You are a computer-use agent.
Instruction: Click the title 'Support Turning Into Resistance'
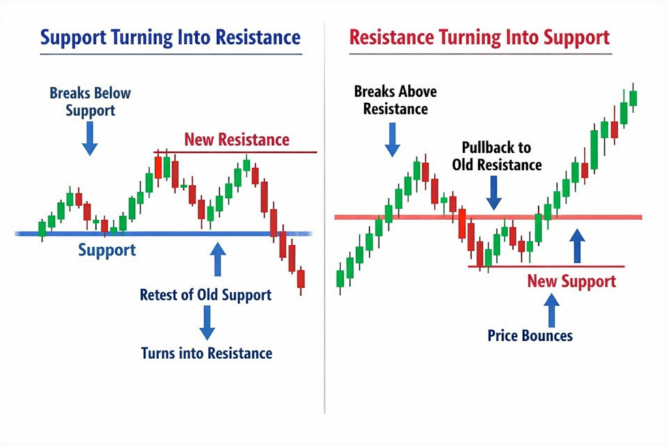tap(170, 37)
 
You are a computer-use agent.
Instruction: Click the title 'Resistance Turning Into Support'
tap(479, 37)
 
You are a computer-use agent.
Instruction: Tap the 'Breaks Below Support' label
tap(90, 101)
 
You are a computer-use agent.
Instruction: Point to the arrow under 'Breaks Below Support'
tap(90, 138)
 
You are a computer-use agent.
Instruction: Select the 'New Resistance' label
tap(237, 140)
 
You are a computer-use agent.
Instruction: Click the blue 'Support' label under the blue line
tap(107, 250)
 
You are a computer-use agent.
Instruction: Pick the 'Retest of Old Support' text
tap(205, 295)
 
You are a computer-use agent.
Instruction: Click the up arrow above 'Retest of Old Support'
tap(218, 259)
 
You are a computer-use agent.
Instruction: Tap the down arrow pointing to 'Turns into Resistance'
tap(207, 323)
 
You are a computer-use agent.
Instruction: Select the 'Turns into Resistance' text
tap(207, 353)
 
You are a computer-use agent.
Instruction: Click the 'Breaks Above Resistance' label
tap(395, 100)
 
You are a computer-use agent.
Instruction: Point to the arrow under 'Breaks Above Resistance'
tap(392, 140)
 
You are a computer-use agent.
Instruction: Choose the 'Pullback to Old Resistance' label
tap(496, 156)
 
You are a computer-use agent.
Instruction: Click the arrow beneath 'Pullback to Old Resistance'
tap(494, 193)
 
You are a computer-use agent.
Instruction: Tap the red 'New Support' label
tap(571, 281)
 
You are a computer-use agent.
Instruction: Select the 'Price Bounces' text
tap(530, 336)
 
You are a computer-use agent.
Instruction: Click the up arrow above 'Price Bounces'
tap(552, 310)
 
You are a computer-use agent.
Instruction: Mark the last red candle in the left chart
tap(301, 279)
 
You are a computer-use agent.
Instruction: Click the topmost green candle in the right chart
tap(633, 98)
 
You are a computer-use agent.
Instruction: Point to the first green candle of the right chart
tap(340, 278)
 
